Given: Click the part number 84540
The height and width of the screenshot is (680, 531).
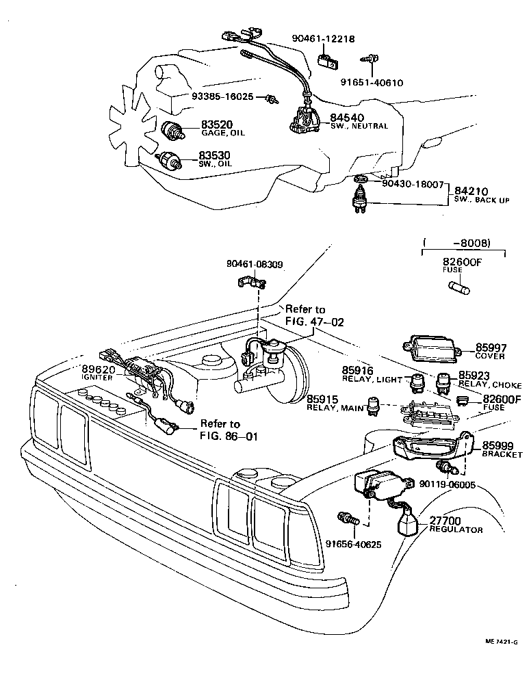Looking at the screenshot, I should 348,118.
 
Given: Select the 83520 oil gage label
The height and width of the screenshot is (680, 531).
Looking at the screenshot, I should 217,124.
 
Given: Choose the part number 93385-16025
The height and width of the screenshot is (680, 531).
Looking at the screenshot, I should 218,98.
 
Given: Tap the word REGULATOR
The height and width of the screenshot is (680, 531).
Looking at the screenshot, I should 456,530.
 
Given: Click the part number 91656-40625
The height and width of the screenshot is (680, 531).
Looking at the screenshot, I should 353,545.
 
